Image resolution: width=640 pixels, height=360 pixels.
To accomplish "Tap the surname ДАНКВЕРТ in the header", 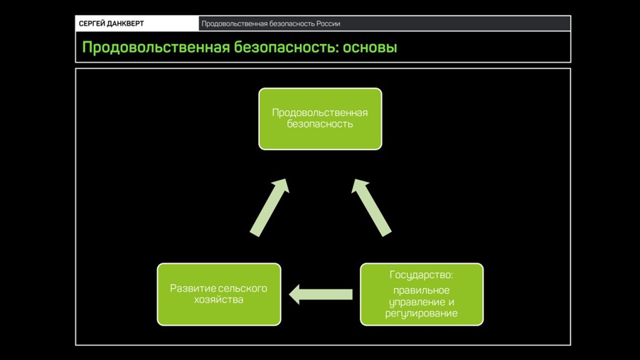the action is pos(125,23).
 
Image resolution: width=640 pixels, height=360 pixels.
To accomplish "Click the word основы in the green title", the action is pos(370,48).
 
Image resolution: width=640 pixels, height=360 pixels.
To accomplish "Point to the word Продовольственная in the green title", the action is pos(156,48).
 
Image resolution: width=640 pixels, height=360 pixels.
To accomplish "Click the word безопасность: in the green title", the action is pos(286,48).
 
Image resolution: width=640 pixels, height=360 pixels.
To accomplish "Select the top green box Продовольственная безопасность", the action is pos(321,119).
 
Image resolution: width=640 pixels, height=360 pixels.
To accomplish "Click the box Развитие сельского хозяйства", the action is pos(219,295).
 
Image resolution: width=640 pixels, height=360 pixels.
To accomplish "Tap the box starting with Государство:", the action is pos(422,295).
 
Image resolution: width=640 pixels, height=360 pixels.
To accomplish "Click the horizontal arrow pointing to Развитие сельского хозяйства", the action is pos(321,295).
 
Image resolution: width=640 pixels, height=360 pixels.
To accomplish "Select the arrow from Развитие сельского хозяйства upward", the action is pos(270,207).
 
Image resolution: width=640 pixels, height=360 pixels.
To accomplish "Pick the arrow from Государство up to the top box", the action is pos(371,207).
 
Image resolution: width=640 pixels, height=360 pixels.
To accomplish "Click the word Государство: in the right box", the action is pos(421,275).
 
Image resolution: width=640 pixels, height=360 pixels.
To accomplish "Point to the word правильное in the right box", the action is pos(421,290).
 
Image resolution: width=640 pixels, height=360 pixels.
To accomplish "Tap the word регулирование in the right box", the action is pos(421,314).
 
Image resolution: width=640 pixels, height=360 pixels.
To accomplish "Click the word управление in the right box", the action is pos(416,302).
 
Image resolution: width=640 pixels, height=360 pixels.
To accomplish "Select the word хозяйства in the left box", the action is pos(219,300).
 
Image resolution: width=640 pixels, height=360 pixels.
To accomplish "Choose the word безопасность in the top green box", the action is pos(320,124).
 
